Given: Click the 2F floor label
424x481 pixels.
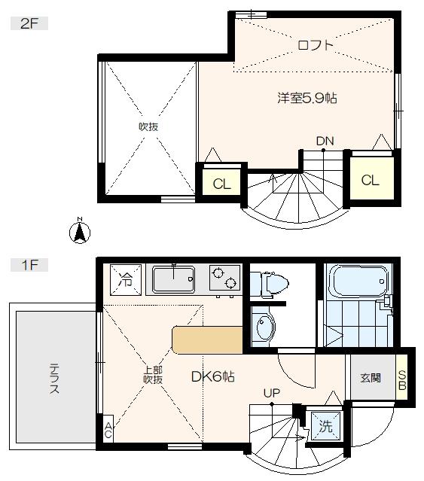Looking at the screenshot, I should click(x=29, y=23).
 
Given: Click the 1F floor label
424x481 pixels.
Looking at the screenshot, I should click(x=29, y=264).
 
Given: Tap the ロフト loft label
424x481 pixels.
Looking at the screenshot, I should click(x=315, y=45).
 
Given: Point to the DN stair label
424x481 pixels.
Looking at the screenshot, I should click(x=325, y=141).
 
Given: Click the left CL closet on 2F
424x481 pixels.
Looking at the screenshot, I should click(x=221, y=184).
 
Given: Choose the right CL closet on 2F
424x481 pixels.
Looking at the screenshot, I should click(x=369, y=180).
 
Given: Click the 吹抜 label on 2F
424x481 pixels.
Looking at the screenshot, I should click(x=148, y=127).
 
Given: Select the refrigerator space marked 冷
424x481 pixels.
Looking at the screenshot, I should click(x=123, y=280).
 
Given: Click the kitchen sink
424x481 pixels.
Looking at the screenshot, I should click(x=173, y=281).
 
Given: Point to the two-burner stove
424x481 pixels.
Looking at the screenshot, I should click(x=224, y=280).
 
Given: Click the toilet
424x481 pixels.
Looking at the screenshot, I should click(x=271, y=285).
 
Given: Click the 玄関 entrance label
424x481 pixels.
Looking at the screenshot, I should click(x=371, y=378).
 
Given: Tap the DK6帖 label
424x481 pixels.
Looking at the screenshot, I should click(x=215, y=376).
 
